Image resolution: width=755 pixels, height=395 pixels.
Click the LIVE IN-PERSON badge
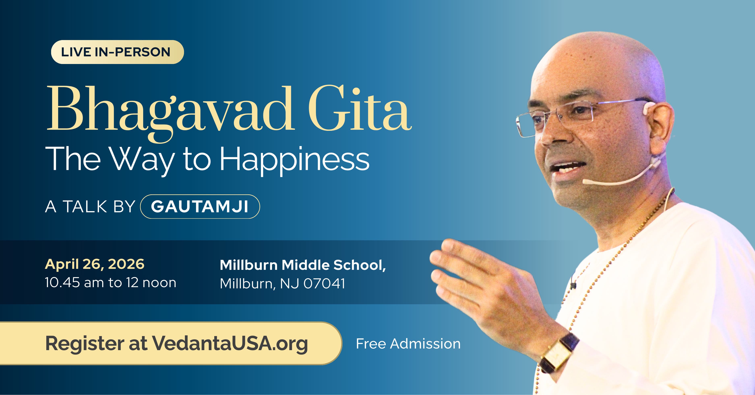[117, 52]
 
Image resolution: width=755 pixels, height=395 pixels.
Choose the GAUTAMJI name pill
[200, 207]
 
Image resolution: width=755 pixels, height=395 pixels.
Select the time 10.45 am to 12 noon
[111, 283]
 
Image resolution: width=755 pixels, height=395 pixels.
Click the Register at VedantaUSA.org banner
[171, 343]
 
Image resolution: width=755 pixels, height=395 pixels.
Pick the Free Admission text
[408, 344]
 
